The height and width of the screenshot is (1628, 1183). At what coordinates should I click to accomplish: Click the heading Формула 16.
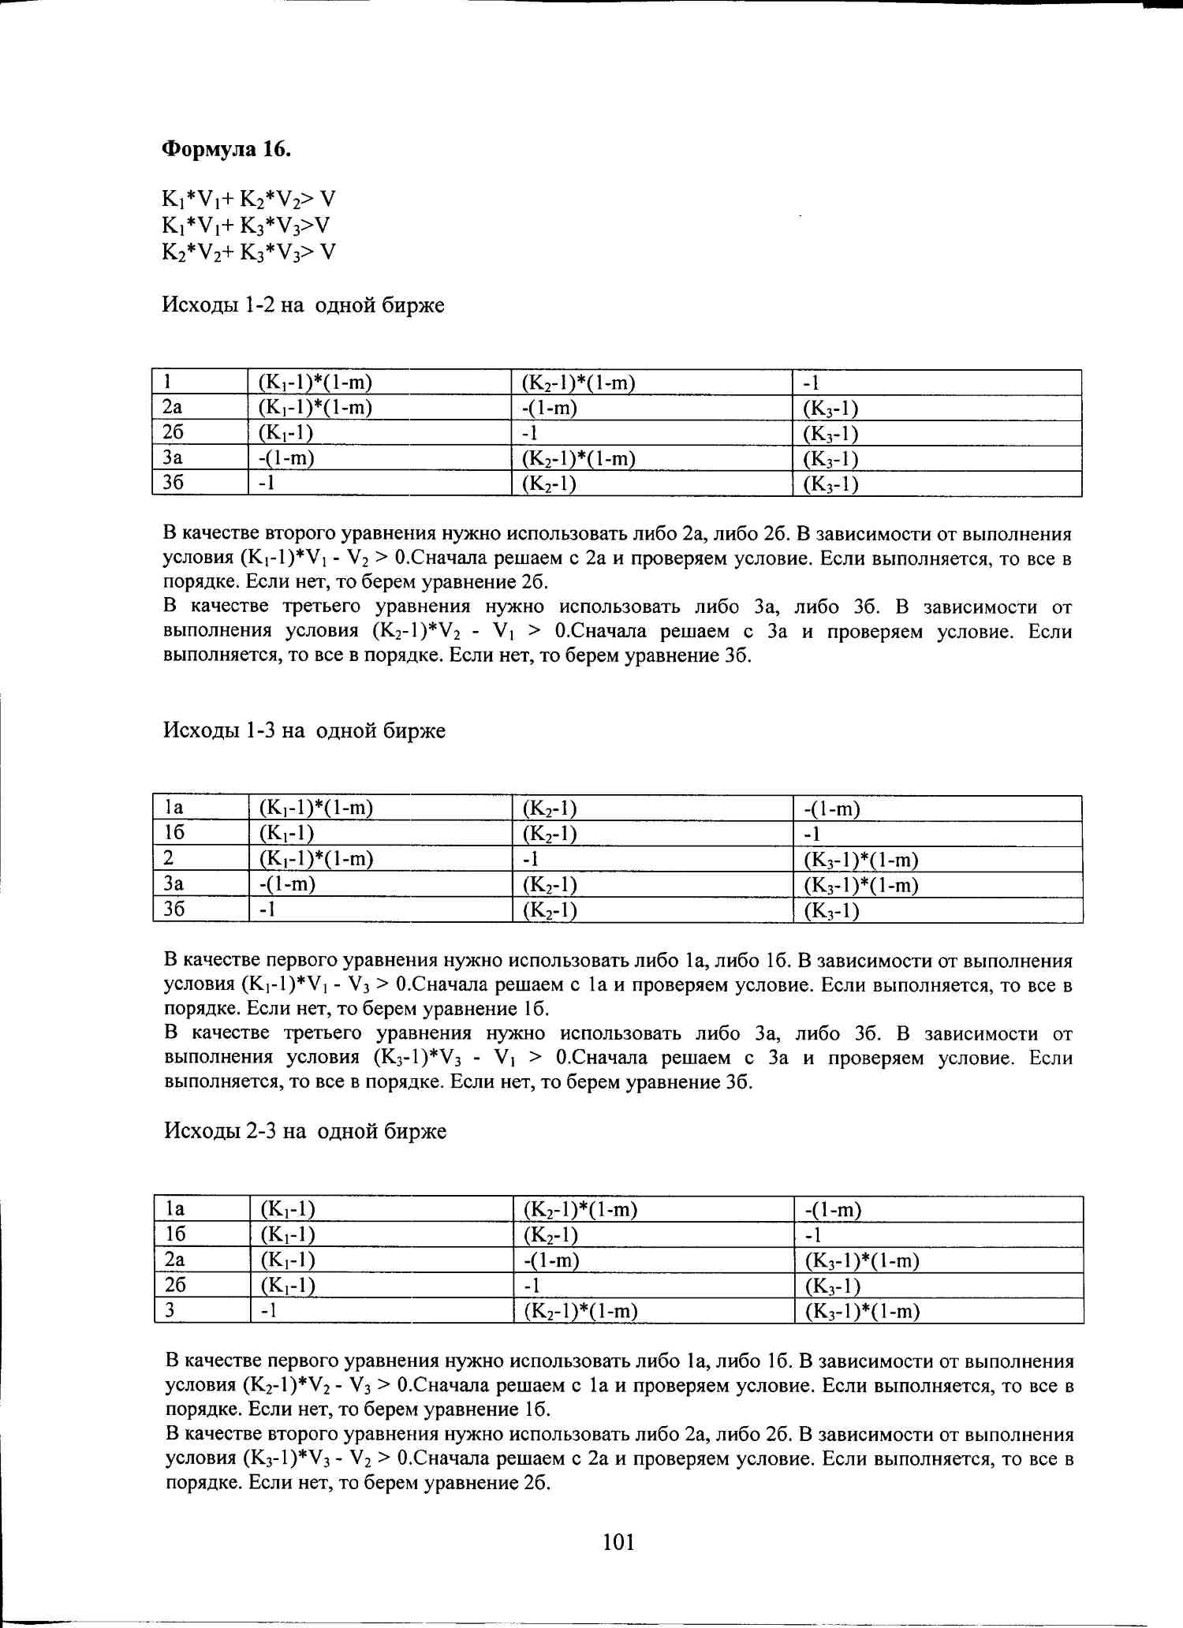coord(226,149)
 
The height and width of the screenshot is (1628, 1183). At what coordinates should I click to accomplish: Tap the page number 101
coord(618,1542)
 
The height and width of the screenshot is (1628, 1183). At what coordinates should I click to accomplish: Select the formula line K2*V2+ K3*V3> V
coord(249,252)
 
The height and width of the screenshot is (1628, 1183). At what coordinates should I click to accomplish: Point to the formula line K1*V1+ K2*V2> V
coord(249,199)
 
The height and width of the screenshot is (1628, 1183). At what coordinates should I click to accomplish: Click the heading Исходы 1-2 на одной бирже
coord(303,305)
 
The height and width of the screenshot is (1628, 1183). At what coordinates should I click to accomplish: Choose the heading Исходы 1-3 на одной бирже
coord(304,730)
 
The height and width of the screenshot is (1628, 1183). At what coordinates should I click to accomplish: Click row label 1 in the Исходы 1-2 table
coord(168,383)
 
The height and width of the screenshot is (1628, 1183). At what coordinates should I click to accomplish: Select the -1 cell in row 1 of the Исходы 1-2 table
coord(812,383)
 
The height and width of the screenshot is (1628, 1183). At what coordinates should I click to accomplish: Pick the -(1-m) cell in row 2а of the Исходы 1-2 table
coord(550,409)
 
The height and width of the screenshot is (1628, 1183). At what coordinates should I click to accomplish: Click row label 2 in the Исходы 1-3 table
coord(169,859)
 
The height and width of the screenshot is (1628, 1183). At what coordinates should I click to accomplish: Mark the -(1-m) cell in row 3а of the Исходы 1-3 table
coord(287,884)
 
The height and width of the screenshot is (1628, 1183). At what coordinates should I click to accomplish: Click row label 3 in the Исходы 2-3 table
coord(170,1311)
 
